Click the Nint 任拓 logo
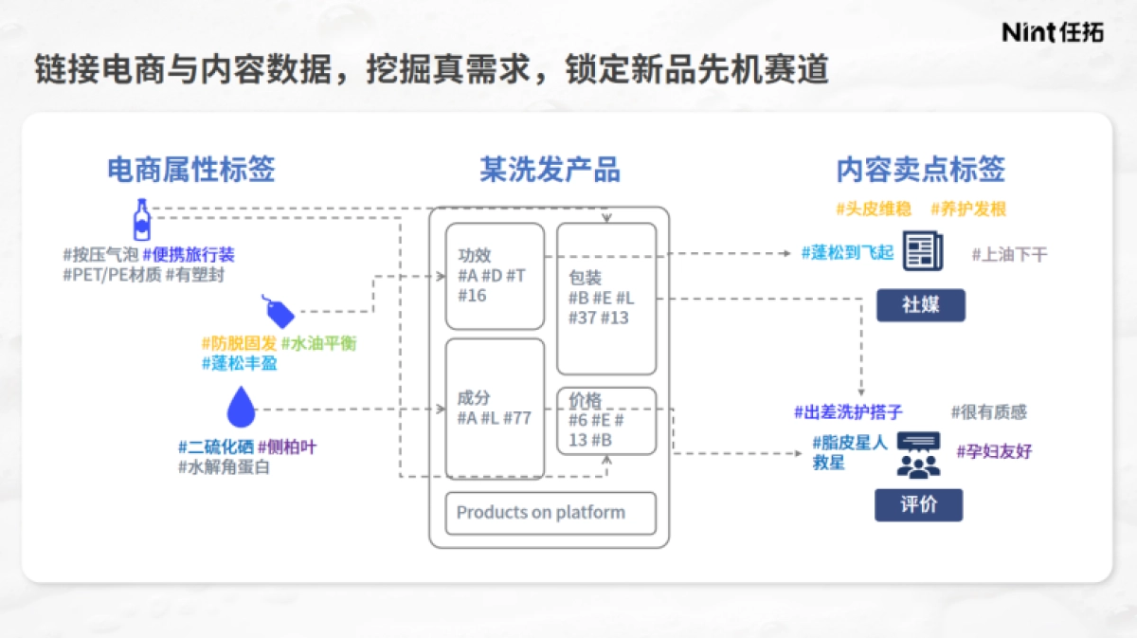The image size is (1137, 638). coord(1053,31)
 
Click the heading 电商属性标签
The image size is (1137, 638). coord(190,170)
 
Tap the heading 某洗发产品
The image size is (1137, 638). coord(550,170)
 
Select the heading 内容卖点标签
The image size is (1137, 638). coord(920,170)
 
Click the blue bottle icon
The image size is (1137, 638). coord(141,219)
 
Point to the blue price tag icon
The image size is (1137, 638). coord(279,311)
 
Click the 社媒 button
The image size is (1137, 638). coord(920,305)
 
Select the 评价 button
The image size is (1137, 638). coord(918,504)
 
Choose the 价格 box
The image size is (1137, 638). coord(606,420)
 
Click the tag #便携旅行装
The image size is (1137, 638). coord(189,255)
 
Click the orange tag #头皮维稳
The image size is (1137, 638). coord(873,209)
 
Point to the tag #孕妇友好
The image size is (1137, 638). coord(994,451)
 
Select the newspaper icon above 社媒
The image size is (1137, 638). coord(922,251)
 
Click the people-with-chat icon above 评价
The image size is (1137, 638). coord(918,454)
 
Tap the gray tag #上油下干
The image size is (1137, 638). coord(1009,254)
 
